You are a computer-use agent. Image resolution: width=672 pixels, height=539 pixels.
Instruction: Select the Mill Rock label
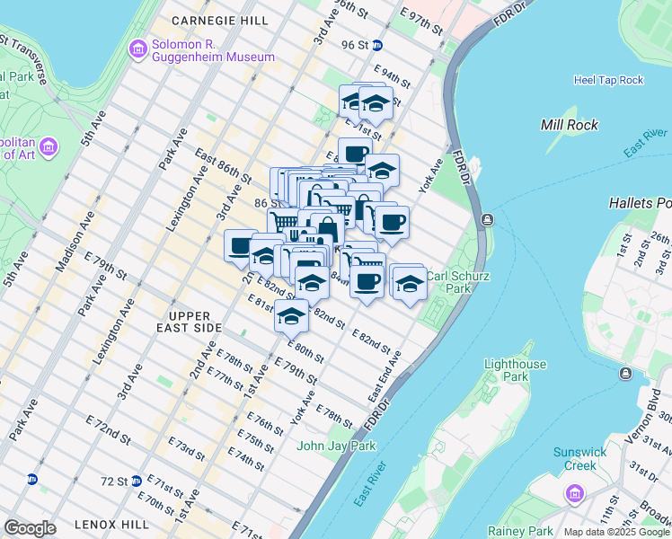pyautogui.click(x=570, y=125)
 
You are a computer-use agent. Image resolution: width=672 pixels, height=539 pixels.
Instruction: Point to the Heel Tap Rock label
pyautogui.click(x=608, y=80)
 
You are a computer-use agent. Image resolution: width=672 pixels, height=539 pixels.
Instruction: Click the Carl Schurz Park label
pyautogui.click(x=457, y=283)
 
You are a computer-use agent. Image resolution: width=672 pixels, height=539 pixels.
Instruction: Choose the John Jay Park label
pyautogui.click(x=329, y=445)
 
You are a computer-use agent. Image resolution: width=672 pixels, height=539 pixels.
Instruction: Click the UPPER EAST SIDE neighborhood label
pyautogui.click(x=189, y=322)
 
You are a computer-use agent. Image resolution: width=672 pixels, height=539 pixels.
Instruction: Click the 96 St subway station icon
pyautogui.click(x=378, y=45)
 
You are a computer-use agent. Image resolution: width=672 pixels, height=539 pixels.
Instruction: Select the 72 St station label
pyautogui.click(x=113, y=482)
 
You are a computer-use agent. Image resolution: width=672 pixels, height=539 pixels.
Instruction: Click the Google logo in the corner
pyautogui.click(x=30, y=528)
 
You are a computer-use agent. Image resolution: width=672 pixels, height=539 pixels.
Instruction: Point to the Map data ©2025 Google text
pyautogui.click(x=615, y=532)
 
